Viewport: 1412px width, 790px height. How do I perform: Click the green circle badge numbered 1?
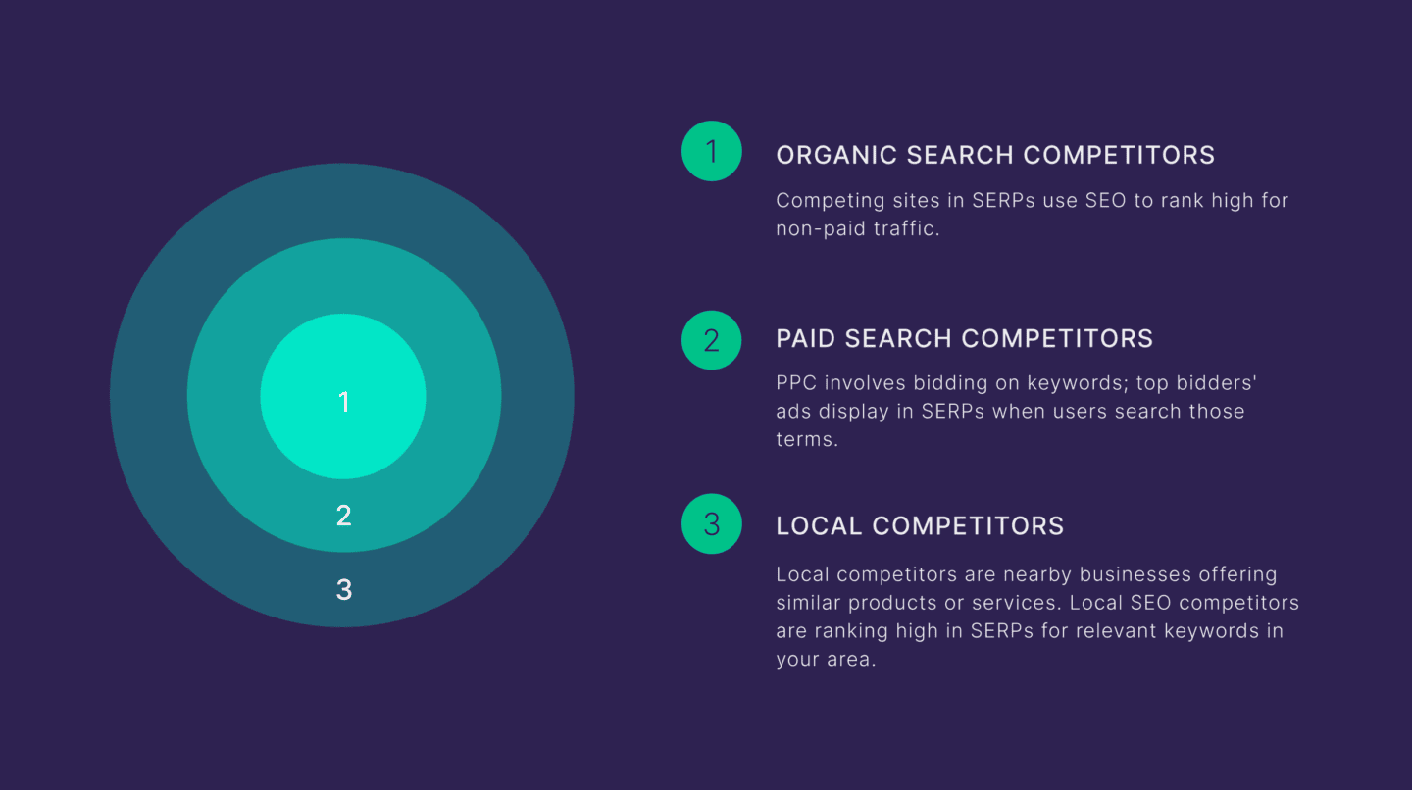[712, 151]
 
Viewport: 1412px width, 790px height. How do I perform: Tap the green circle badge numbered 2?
[712, 340]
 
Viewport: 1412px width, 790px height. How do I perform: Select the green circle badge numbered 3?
[712, 524]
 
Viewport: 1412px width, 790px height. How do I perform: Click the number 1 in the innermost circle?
[343, 402]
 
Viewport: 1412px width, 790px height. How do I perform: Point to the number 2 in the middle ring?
[343, 516]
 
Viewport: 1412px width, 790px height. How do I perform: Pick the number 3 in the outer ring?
[343, 590]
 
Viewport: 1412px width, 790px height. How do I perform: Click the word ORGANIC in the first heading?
[836, 155]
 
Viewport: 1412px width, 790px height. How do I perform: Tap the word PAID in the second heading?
[806, 339]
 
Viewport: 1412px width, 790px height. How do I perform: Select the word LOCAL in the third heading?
[820, 525]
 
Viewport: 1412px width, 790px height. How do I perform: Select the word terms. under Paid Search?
[807, 439]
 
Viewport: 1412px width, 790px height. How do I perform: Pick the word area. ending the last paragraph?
[850, 659]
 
